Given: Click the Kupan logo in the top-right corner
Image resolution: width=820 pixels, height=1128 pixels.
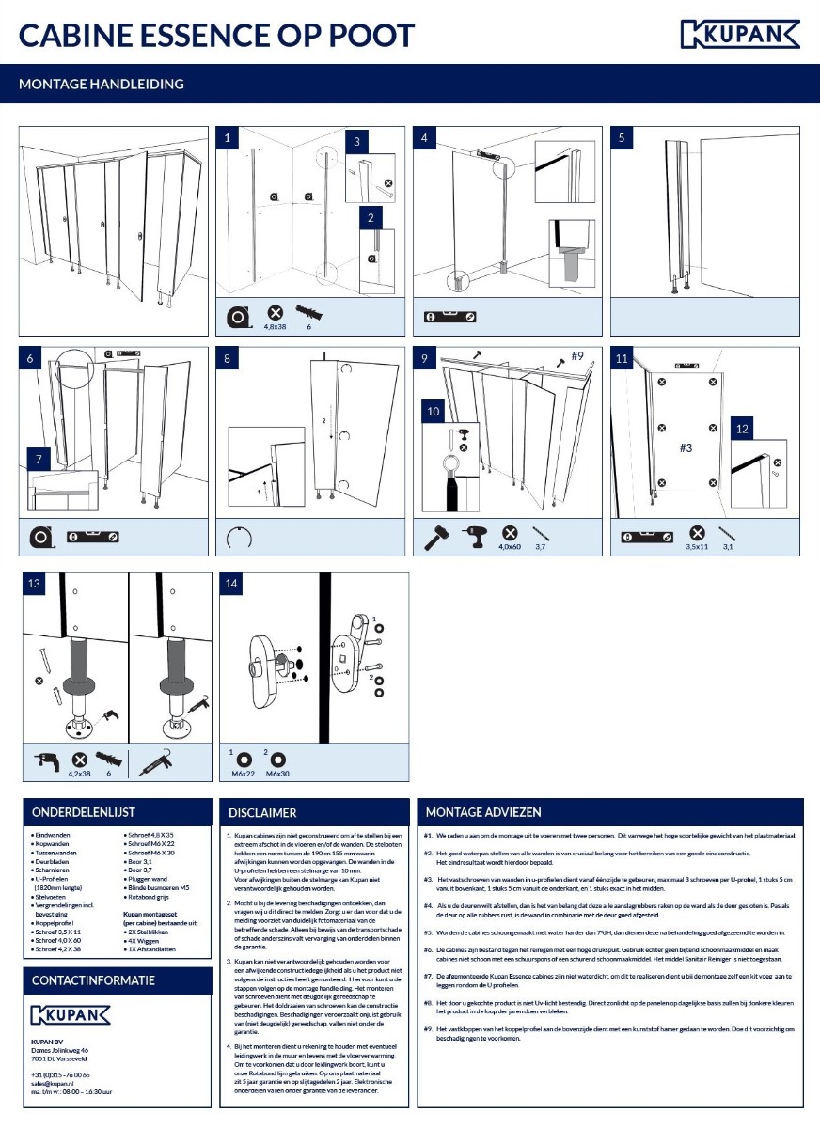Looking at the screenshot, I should (x=739, y=35).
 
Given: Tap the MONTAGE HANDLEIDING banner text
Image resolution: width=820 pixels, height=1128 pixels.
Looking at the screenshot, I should (x=102, y=84).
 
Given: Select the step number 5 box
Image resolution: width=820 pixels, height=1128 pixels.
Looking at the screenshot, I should (x=622, y=138).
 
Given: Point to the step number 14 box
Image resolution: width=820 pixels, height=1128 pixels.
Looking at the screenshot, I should (x=231, y=584).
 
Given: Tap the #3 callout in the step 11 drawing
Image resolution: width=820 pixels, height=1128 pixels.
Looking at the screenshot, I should (x=687, y=447).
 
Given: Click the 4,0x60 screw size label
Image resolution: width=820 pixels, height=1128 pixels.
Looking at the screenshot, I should (x=510, y=546).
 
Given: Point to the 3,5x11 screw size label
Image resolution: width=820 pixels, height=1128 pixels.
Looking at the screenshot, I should (x=697, y=545).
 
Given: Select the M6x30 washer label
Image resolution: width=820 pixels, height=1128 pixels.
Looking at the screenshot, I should (x=278, y=773).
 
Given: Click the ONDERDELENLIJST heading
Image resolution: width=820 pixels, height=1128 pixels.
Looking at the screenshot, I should (x=84, y=812).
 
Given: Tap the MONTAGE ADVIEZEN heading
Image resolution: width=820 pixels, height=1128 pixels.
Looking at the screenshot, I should (x=483, y=812).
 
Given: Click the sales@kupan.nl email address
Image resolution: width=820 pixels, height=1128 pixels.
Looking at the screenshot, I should (x=52, y=1083).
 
